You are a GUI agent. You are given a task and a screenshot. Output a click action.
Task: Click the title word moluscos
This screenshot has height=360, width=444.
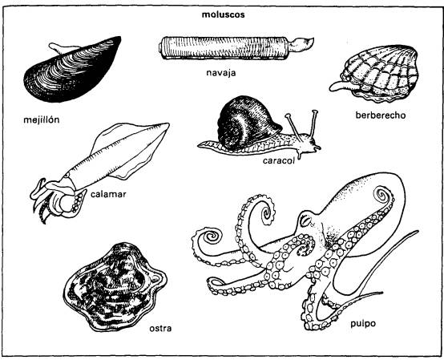click(x=223, y=14)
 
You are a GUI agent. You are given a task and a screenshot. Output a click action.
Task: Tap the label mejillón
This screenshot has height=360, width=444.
click(x=42, y=119)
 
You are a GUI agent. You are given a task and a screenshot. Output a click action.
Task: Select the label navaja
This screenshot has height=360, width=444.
click(x=221, y=73)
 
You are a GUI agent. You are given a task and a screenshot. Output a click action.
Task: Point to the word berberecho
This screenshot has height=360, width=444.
click(x=381, y=115)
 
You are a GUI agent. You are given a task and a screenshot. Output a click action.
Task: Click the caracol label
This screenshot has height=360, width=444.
click(x=279, y=160)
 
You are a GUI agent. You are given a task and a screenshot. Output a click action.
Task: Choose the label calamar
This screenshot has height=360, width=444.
click(x=108, y=194)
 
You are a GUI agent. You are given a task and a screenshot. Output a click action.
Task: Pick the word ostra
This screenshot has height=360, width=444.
click(x=160, y=328)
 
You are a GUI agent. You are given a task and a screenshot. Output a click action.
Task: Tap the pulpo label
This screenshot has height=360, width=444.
click(x=363, y=324)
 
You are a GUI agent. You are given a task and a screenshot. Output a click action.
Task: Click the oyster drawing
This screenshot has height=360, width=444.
click(x=115, y=288)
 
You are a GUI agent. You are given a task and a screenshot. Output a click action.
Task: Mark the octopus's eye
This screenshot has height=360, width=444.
click(x=305, y=220)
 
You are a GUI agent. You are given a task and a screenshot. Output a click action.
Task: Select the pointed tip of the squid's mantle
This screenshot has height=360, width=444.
click(x=168, y=123)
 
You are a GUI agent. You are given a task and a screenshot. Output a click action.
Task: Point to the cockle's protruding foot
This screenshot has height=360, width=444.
click(x=340, y=86)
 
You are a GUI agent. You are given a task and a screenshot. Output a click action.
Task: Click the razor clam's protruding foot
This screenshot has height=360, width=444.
click(x=304, y=44)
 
